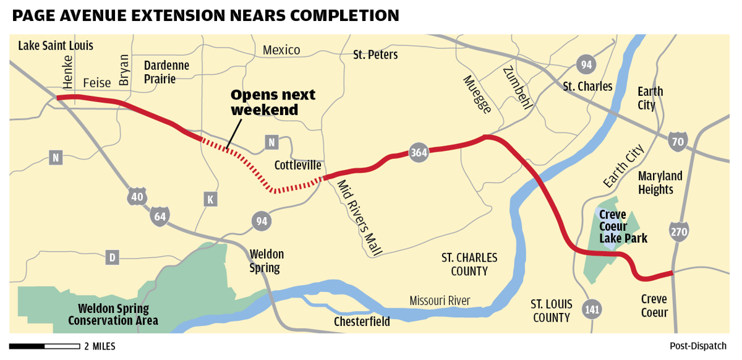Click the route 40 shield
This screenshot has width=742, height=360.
(137, 197)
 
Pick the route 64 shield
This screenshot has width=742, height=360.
(160, 216)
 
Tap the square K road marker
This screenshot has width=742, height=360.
(210, 199)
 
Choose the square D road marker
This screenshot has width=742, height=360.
(112, 257)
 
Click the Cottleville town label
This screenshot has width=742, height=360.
(298, 165)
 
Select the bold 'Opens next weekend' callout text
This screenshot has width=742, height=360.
(273, 103)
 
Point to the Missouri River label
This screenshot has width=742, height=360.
(440, 301)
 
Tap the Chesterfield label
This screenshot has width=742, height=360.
(362, 322)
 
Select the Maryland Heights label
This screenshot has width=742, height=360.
(660, 182)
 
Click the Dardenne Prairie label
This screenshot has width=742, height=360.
(166, 72)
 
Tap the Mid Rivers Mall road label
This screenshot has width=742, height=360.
(359, 217)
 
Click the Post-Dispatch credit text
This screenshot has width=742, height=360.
(697, 346)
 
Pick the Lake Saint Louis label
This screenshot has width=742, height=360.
(56, 46)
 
